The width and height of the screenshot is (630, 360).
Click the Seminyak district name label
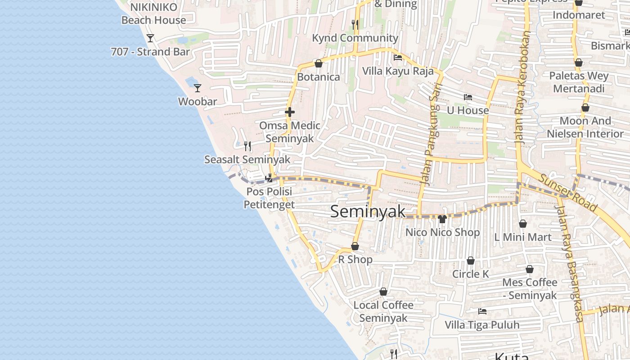368,211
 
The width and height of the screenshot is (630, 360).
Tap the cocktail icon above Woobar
197,88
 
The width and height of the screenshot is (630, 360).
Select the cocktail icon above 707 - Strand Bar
150,38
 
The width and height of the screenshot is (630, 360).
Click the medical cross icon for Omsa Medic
290,112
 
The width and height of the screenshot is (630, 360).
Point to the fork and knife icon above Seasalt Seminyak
247,146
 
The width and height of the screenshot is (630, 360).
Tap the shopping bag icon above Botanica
319,63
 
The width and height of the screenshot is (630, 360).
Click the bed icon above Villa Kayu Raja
398,58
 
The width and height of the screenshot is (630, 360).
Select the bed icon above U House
468,97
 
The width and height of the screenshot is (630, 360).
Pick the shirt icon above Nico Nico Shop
442,219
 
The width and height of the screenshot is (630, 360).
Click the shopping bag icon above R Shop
355,246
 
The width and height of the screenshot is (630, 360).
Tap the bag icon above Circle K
471,261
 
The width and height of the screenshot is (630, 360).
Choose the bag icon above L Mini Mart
523,223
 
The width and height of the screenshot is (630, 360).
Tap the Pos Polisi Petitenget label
269,198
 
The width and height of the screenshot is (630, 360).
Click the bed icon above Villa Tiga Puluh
482,311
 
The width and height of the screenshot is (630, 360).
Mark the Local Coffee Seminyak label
383,311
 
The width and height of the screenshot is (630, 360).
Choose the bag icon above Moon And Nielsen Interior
585,108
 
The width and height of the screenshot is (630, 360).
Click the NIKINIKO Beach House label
153,13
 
